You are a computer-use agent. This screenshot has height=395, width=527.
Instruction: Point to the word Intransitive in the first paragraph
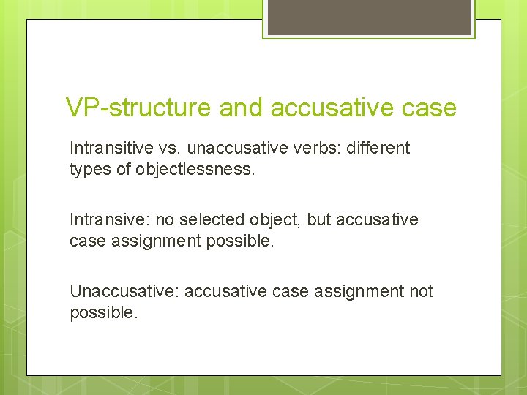111,148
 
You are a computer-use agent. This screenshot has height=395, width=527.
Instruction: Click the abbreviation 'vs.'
169,148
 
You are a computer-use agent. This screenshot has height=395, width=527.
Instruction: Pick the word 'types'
89,169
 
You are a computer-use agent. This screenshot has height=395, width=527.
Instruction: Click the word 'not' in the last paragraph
421,291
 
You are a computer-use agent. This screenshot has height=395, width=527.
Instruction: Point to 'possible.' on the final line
102,312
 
